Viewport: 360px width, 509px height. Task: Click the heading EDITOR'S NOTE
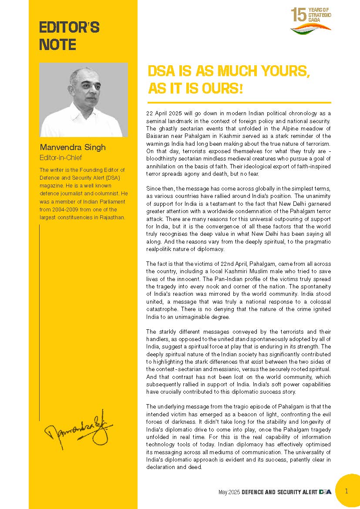coord(69,36)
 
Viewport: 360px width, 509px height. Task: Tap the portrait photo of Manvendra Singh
coord(84,100)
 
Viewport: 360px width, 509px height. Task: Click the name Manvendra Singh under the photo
coord(72,147)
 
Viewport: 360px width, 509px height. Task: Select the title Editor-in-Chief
coord(61,157)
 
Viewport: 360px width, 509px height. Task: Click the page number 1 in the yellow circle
coord(347,491)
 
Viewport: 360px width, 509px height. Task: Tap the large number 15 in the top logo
coord(299,15)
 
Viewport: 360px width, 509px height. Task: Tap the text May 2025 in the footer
coord(229,492)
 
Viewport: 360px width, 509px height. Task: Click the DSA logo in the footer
coord(325,492)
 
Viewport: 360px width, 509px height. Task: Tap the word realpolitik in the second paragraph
coord(160,249)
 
